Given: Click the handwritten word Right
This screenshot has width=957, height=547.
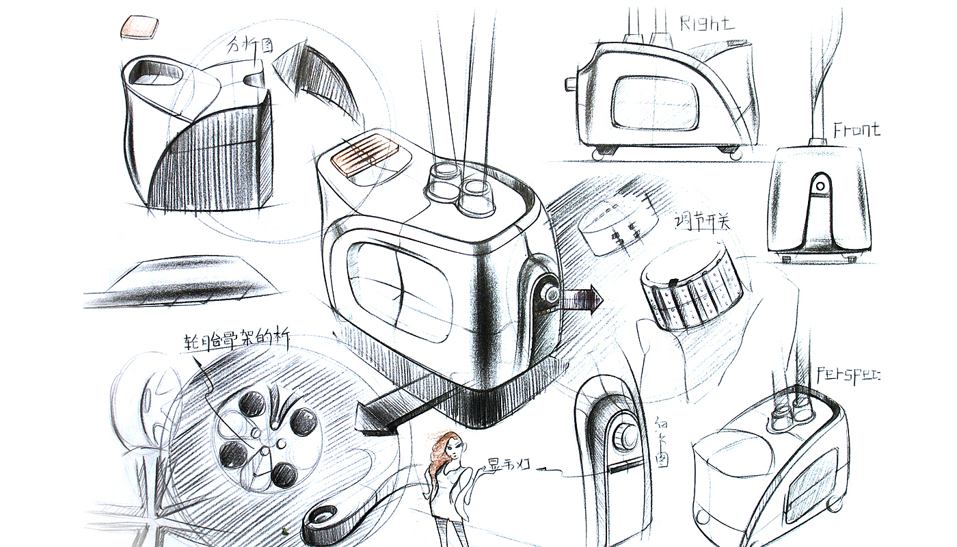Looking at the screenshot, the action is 706,23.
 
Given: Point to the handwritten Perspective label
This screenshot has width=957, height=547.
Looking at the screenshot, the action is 848,375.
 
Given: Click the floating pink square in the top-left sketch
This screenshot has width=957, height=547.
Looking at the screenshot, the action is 139,27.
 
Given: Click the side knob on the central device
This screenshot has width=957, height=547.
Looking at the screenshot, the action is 549,293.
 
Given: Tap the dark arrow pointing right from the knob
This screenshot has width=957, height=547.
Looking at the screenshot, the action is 582,299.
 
